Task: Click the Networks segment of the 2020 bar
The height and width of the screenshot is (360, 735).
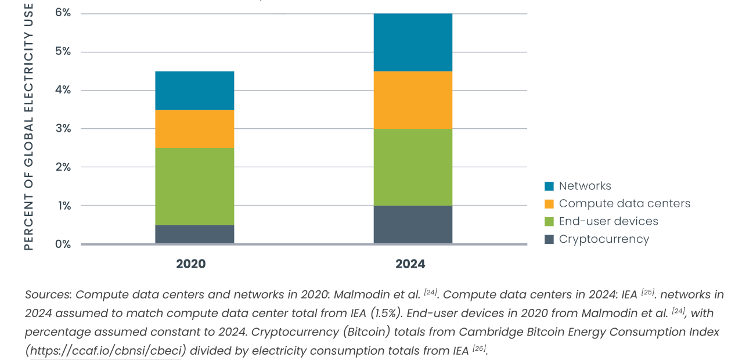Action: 194,91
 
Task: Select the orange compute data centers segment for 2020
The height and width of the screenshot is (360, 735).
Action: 194,129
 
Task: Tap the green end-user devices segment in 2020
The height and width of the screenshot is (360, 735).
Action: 194,186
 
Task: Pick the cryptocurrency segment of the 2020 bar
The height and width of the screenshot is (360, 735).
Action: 194,234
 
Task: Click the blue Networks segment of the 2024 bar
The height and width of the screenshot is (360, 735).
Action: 413,42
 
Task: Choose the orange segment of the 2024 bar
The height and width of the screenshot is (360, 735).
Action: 413,100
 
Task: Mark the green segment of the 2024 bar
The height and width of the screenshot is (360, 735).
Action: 413,167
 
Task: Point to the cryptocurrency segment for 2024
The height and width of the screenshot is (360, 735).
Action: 413,225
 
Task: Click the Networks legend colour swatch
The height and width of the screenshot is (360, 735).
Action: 549,186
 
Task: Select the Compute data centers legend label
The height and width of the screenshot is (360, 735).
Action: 625,204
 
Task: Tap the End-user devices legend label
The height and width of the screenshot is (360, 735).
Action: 608,221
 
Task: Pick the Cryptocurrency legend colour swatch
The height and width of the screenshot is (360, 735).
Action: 549,239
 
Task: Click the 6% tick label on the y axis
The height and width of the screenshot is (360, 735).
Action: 63,13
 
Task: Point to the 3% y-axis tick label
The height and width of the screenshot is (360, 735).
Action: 63,128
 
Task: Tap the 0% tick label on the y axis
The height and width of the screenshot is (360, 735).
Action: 63,244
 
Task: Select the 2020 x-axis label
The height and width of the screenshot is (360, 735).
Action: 191,264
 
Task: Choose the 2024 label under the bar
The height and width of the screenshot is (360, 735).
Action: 410,264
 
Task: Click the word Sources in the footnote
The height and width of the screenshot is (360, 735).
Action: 48,294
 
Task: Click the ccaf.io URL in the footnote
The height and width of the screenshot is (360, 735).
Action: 107,351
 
